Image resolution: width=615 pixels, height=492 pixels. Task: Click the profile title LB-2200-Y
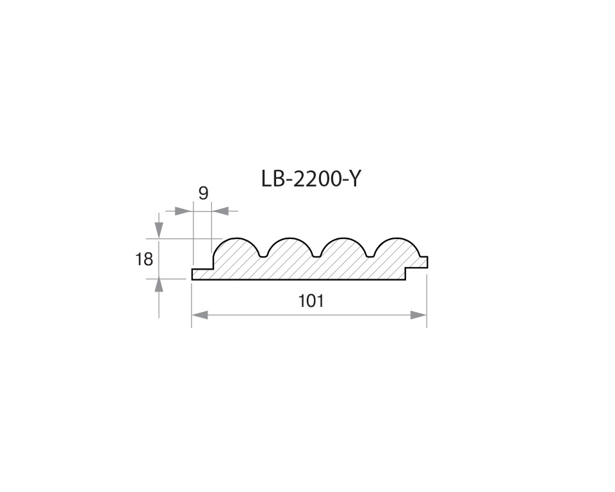(x=311, y=179)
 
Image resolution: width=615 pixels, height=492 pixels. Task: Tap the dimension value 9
(x=203, y=193)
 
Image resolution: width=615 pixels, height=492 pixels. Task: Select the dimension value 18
(x=145, y=259)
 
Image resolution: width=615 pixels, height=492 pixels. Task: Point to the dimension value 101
(x=311, y=300)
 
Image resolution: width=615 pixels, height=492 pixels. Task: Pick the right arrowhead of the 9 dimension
(x=220, y=210)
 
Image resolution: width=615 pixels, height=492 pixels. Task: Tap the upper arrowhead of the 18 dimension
(x=159, y=231)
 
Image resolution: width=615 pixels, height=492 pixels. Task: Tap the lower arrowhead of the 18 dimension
(x=159, y=286)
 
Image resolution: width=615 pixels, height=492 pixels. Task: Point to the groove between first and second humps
(x=262, y=256)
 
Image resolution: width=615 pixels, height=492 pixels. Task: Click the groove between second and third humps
(x=316, y=256)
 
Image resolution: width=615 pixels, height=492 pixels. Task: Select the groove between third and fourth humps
(x=370, y=256)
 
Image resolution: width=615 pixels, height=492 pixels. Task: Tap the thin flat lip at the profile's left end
(x=201, y=274)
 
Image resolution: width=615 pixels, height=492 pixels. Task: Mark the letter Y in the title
(x=354, y=179)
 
